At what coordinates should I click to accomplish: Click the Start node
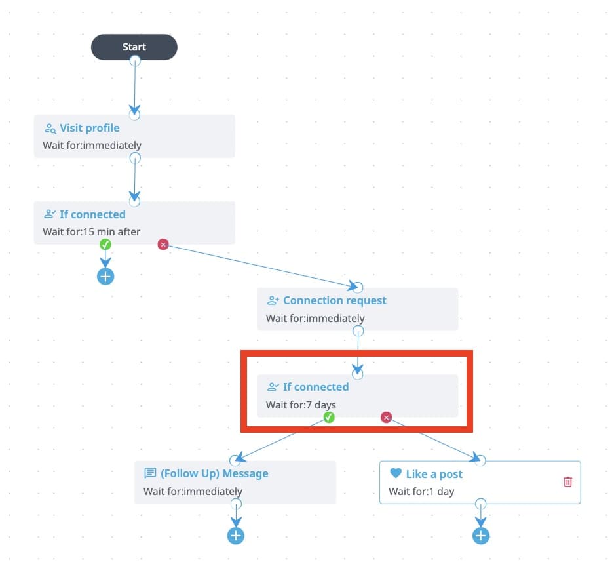tap(134, 47)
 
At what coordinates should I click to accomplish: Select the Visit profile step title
tap(90, 128)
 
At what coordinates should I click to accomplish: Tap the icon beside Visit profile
tap(50, 129)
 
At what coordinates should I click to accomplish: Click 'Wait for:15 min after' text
tap(91, 231)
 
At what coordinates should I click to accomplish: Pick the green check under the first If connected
tap(105, 244)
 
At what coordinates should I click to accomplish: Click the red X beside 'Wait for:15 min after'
tap(163, 244)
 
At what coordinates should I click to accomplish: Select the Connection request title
tap(334, 300)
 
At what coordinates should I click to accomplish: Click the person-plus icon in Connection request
tap(273, 301)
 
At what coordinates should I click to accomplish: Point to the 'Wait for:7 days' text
tap(301, 405)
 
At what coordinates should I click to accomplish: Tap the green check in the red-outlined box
tap(329, 417)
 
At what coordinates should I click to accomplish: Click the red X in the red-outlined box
tap(386, 417)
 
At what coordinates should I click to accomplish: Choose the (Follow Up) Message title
tap(214, 473)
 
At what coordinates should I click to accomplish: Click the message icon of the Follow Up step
tap(150, 473)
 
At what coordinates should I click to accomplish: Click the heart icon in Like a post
tap(395, 473)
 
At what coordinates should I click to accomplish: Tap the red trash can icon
tap(567, 482)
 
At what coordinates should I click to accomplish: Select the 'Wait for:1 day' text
tap(421, 491)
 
